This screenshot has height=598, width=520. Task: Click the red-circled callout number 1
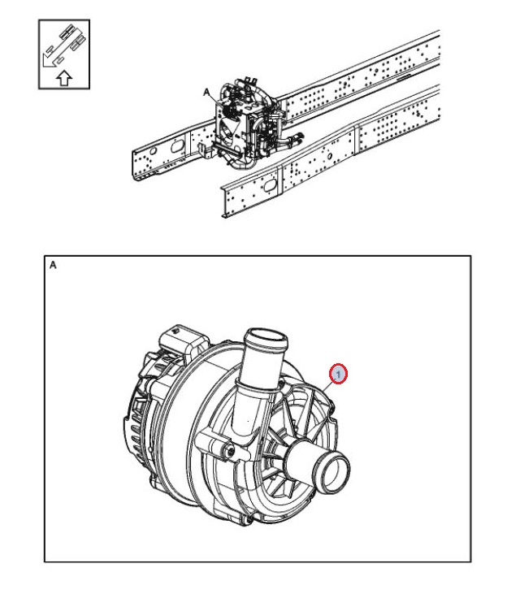pos(338,374)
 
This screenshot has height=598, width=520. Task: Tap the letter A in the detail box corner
pos(53,265)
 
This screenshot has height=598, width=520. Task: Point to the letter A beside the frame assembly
pos(206,93)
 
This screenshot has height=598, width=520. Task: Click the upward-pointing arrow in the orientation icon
pos(64,78)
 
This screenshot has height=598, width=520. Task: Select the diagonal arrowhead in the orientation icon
pos(48,61)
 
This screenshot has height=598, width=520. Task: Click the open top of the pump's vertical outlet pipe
pos(266,337)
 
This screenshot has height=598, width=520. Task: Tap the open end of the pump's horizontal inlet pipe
pos(335,472)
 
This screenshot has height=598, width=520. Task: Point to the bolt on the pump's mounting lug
pos(230,451)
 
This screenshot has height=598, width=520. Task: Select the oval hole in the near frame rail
pos(271,185)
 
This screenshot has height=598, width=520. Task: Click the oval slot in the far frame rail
pos(177,146)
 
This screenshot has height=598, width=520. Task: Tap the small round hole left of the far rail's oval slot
pos(153,151)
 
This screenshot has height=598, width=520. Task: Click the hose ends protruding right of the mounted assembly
pos(294,138)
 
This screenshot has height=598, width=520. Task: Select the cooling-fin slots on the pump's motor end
pos(133,431)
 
